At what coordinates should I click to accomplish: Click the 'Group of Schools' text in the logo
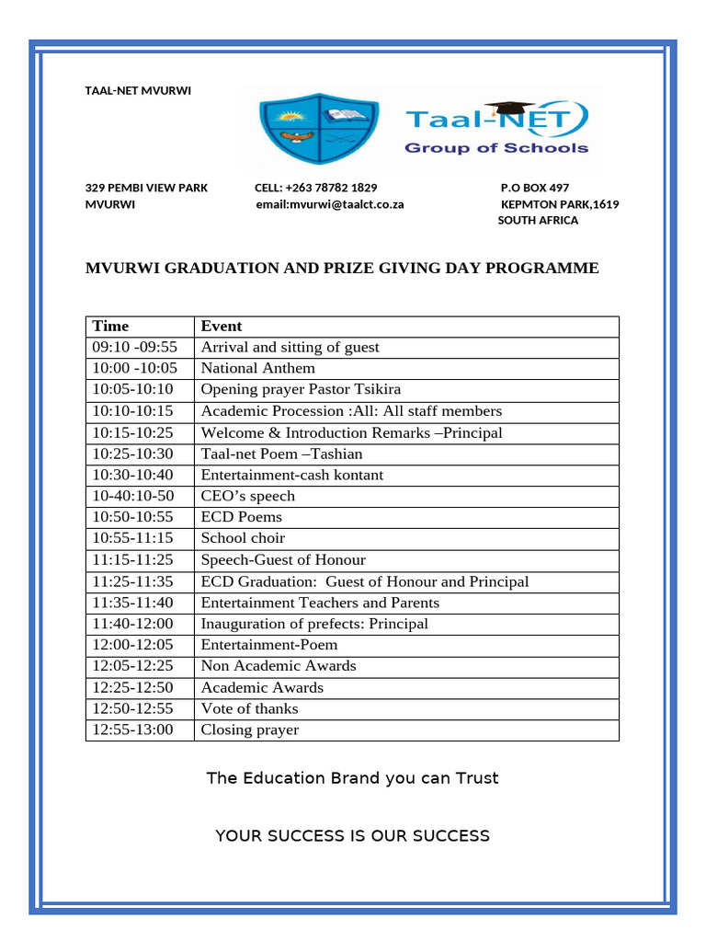(x=496, y=148)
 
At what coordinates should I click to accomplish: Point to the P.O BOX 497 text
(x=534, y=188)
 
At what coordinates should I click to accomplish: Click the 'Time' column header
(x=111, y=326)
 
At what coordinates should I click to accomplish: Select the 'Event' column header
(x=222, y=326)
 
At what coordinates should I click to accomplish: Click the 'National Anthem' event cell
(x=257, y=368)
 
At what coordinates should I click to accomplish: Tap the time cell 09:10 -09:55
(x=134, y=347)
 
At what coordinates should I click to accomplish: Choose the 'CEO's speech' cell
(x=248, y=496)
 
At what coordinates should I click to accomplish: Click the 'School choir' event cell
(x=243, y=538)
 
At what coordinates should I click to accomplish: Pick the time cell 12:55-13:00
(x=132, y=730)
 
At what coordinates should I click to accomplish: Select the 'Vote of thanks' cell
(x=249, y=708)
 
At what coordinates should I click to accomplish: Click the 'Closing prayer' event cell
(x=250, y=730)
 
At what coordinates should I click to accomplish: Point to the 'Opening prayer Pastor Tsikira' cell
(x=301, y=389)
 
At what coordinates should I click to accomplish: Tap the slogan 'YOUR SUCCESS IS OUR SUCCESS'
(x=352, y=835)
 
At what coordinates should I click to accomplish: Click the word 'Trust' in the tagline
(x=476, y=778)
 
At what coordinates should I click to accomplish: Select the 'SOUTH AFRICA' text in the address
(x=538, y=221)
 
